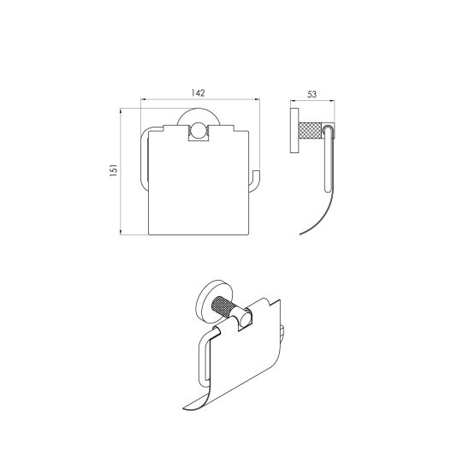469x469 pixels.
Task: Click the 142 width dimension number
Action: [198, 92]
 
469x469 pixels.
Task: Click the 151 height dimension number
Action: [114, 170]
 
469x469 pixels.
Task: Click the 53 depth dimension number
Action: [312, 94]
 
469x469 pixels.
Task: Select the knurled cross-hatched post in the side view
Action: [310, 131]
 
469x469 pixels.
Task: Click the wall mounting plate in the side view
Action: [294, 130]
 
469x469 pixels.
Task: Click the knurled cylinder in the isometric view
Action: [223, 306]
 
